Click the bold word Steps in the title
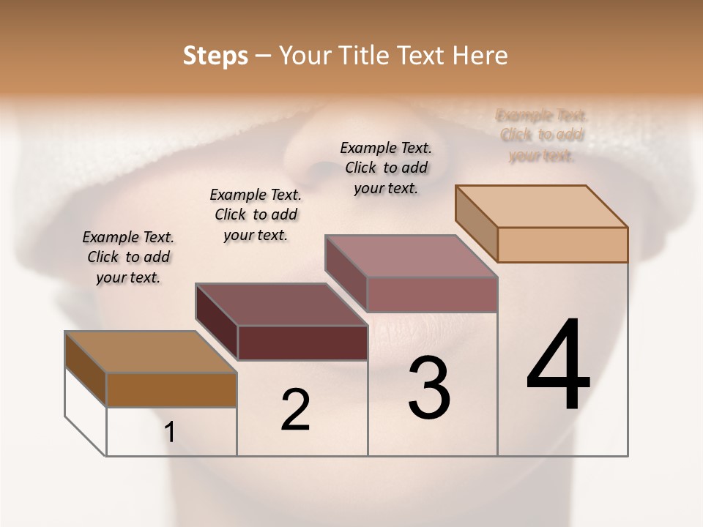[x=215, y=56]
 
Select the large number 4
[x=558, y=365]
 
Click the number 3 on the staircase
[x=428, y=388]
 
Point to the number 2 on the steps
[x=295, y=410]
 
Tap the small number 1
[x=170, y=433]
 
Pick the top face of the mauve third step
[x=412, y=256]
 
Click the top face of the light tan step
[x=542, y=206]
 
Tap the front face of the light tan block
[x=562, y=244]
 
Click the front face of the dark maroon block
[x=302, y=343]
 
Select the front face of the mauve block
[x=432, y=294]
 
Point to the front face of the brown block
[x=171, y=389]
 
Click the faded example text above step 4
[x=542, y=135]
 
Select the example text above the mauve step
[x=386, y=168]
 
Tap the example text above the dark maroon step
[x=256, y=214]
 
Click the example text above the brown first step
[x=128, y=257]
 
